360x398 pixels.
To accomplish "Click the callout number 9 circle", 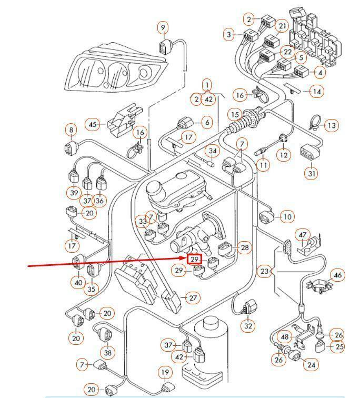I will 163,27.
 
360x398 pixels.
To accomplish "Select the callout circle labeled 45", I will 94,124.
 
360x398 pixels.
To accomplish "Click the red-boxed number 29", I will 194,260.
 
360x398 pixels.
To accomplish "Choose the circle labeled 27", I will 193,298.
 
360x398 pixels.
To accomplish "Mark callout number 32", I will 248,326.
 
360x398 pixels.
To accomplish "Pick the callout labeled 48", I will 285,337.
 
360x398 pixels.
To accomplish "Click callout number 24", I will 312,364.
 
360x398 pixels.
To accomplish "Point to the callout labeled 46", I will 338,275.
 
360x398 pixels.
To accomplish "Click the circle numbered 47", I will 303,234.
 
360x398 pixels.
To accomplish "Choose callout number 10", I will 287,216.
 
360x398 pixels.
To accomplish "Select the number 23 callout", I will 264,272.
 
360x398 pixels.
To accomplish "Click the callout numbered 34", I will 213,152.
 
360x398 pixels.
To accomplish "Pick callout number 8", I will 71,130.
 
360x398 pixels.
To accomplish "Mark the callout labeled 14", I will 317,92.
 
